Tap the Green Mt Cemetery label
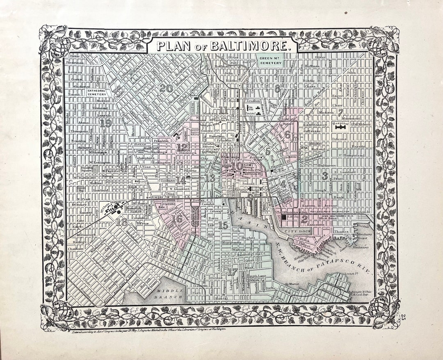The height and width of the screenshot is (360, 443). (270, 61)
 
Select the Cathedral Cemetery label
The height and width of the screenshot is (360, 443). (97, 93)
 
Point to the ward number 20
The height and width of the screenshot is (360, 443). (166, 88)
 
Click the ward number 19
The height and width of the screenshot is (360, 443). (105, 123)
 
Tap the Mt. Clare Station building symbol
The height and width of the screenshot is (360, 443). (113, 210)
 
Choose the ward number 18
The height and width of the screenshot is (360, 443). (121, 222)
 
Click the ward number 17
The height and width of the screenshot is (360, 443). (232, 271)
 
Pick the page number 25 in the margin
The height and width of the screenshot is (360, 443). (404, 316)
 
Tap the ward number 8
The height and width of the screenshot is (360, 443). (278, 88)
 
